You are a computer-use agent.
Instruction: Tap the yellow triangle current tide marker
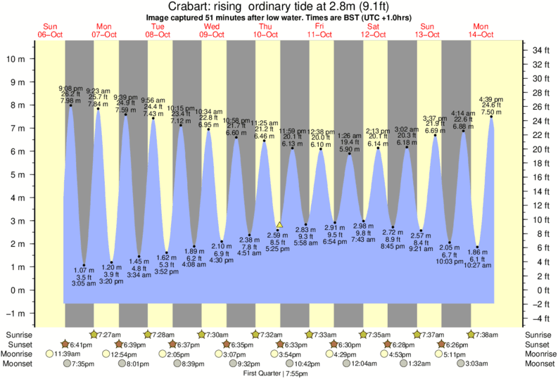point(279,224)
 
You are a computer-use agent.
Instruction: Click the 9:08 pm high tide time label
point(70,89)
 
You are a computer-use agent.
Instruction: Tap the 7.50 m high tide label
point(490,112)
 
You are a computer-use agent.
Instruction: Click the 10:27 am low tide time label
point(477,265)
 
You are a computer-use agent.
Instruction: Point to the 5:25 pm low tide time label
point(278,248)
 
